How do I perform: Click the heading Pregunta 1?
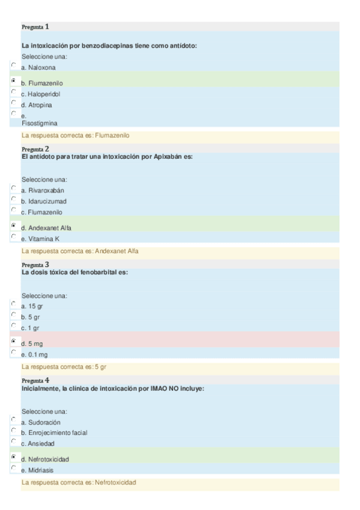tap(35, 27)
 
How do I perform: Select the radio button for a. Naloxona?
tap(13, 64)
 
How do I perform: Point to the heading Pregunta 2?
tap(35, 149)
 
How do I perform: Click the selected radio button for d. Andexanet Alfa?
tap(13, 225)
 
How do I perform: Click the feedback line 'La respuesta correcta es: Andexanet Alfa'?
tap(80, 251)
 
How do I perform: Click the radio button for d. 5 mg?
tap(13, 341)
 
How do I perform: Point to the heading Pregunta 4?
tap(35, 381)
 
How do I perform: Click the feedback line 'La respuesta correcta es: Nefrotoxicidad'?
tap(79, 483)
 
